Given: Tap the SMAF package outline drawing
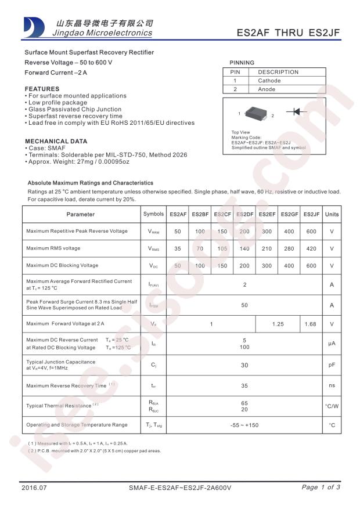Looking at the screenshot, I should point(255,113).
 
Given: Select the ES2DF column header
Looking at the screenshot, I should point(244,214).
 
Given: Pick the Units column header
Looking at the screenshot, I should point(332,214).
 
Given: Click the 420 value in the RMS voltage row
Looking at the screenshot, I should point(311,248).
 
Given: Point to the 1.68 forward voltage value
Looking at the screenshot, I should point(311,324).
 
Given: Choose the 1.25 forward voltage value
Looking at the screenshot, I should point(278,324).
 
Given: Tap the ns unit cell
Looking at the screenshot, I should point(332,385).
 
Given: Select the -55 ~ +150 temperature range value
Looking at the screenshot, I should point(244,425).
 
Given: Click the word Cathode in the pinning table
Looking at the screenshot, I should point(269,81).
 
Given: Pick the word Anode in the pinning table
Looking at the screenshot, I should point(267,89).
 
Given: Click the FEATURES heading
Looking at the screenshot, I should point(42,89).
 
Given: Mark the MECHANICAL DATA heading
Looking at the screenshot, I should point(56,141).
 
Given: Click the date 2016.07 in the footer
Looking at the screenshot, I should point(34,488).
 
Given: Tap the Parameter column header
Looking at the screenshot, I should point(81,214).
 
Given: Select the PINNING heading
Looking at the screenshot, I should point(242,63).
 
